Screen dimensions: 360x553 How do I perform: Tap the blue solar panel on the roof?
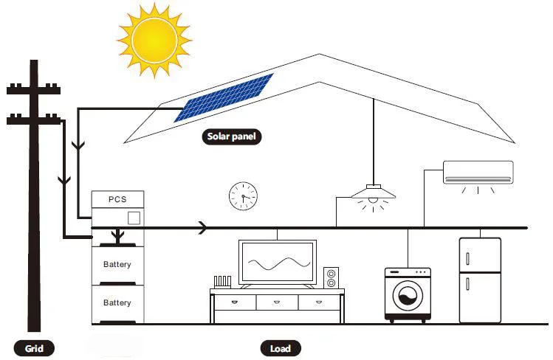click(224, 97)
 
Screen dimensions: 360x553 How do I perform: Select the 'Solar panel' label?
click(232, 136)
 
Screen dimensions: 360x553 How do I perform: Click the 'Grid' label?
click(35, 348)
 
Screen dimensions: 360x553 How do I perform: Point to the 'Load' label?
click(281, 348)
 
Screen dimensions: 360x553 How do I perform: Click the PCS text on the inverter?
click(117, 199)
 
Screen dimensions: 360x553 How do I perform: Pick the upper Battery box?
click(117, 264)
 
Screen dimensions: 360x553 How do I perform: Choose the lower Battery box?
click(117, 303)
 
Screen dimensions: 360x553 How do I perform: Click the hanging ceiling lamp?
click(374, 195)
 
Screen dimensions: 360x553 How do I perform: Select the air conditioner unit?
click(478, 173)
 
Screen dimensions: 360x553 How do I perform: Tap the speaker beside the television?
click(331, 277)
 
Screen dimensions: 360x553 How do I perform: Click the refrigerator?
click(479, 280)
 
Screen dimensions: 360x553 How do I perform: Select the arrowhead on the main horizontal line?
click(203, 229)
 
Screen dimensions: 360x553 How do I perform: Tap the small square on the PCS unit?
click(134, 218)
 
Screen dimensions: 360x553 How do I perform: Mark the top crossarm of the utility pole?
click(34, 90)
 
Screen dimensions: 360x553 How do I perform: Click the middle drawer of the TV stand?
click(277, 302)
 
